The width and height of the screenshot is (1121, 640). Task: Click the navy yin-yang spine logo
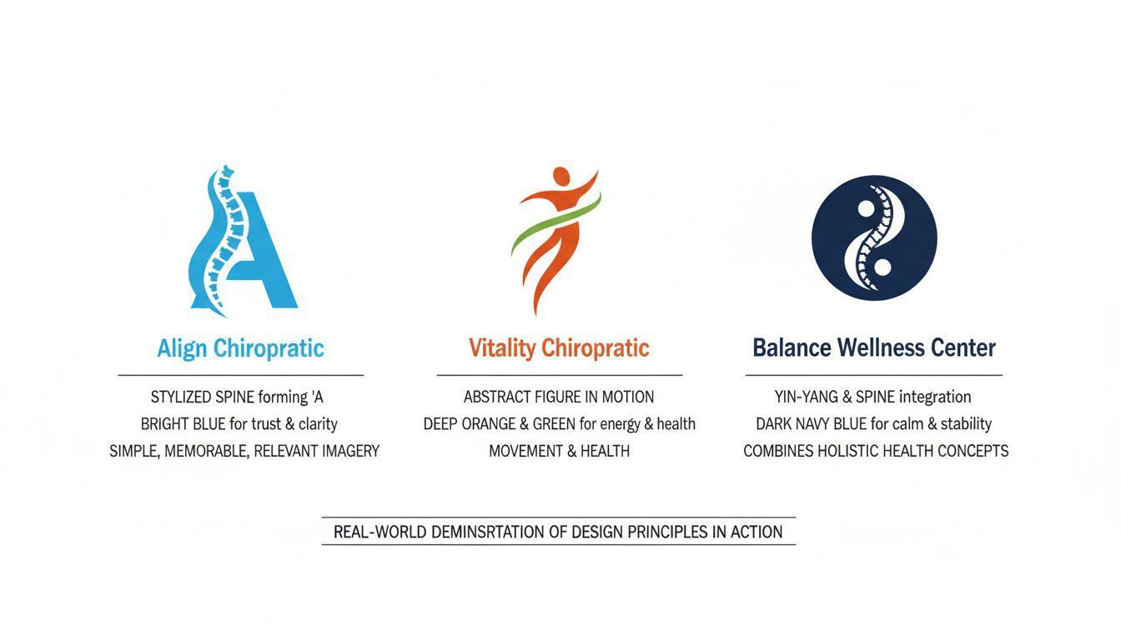point(873,237)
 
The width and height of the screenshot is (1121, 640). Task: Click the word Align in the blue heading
point(182,348)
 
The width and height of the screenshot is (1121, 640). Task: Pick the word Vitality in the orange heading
point(501,347)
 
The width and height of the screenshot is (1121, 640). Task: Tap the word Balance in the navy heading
point(793,347)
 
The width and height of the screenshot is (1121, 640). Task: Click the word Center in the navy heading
point(967,347)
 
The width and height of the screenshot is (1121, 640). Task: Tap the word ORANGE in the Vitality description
point(503,424)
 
